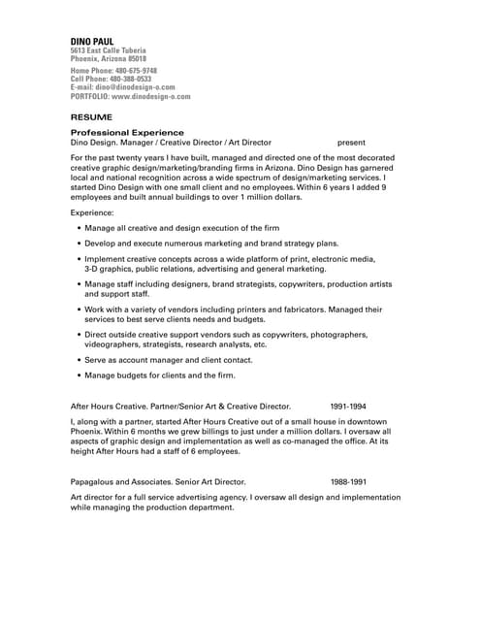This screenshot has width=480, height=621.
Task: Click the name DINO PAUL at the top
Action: (92, 41)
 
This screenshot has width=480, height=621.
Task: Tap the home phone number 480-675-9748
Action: (136, 71)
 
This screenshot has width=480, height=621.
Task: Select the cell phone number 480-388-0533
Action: (131, 79)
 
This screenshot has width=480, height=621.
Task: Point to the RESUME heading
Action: (91, 115)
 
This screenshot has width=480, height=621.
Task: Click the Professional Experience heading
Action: (127, 132)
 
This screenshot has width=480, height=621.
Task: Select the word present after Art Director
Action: (351, 142)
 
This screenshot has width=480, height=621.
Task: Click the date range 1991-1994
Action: (347, 406)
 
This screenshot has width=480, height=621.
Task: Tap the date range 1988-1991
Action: (347, 481)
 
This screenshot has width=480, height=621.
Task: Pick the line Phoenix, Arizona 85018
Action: (108, 58)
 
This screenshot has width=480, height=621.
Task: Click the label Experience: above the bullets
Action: (92, 212)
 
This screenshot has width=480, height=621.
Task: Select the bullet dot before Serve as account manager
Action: (79, 360)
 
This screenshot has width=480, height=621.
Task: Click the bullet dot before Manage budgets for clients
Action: (79, 376)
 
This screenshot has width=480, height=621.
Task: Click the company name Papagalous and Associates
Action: (122, 481)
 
